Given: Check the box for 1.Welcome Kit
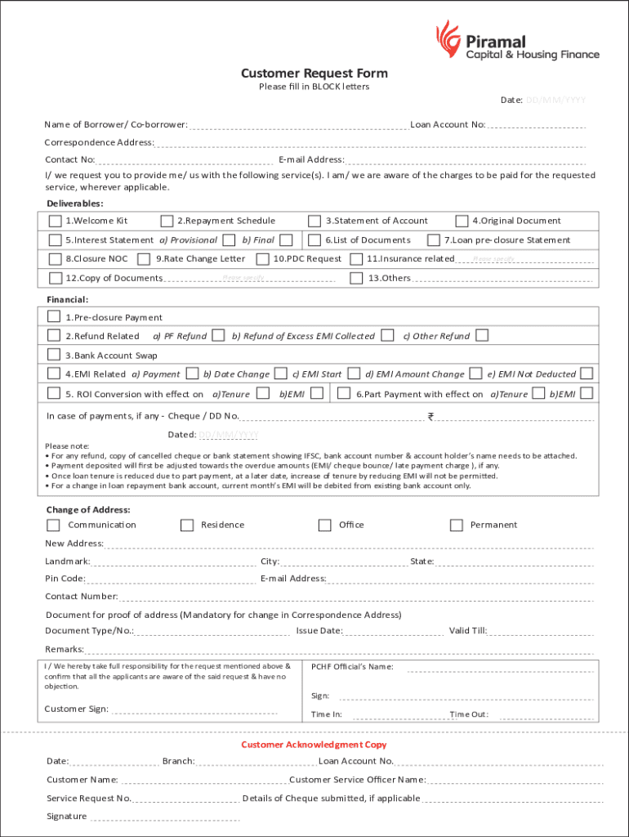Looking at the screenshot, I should [x=55, y=221].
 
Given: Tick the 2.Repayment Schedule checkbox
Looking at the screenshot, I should [x=167, y=221].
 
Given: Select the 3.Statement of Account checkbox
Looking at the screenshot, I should [x=314, y=221].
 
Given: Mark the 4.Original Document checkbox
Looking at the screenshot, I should [x=462, y=221].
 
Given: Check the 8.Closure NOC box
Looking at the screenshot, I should [x=55, y=259].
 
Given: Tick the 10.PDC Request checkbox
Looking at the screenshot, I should [x=263, y=259].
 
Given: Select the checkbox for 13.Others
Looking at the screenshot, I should [x=356, y=278].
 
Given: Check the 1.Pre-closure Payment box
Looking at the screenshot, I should [x=54, y=317].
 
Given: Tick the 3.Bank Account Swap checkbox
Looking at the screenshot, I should [x=54, y=355].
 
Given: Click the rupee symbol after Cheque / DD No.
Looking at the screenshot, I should [x=430, y=417].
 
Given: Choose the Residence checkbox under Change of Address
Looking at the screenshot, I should [x=187, y=525].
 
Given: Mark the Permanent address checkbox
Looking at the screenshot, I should [x=456, y=525].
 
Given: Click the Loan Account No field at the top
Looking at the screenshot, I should [x=537, y=127].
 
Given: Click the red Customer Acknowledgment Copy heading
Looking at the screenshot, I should [x=314, y=745].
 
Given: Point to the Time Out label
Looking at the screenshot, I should [x=469, y=714].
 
